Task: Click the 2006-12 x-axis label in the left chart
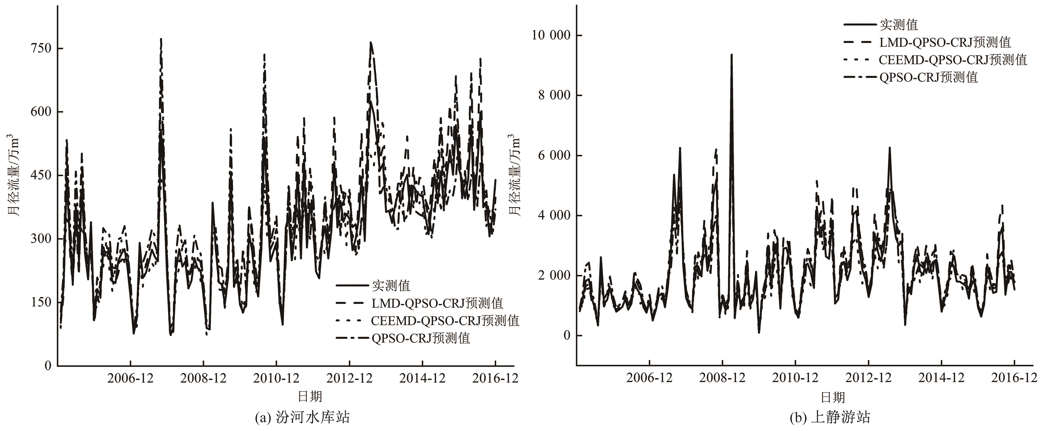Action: pyautogui.click(x=130, y=378)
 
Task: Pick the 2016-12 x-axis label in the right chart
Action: pyautogui.click(x=1014, y=378)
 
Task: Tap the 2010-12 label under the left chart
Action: pyautogui.click(x=276, y=378)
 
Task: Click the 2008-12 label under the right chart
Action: pyautogui.click(x=722, y=378)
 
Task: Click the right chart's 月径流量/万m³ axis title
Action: pyautogui.click(x=514, y=175)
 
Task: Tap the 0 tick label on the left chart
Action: pyautogui.click(x=48, y=365)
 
